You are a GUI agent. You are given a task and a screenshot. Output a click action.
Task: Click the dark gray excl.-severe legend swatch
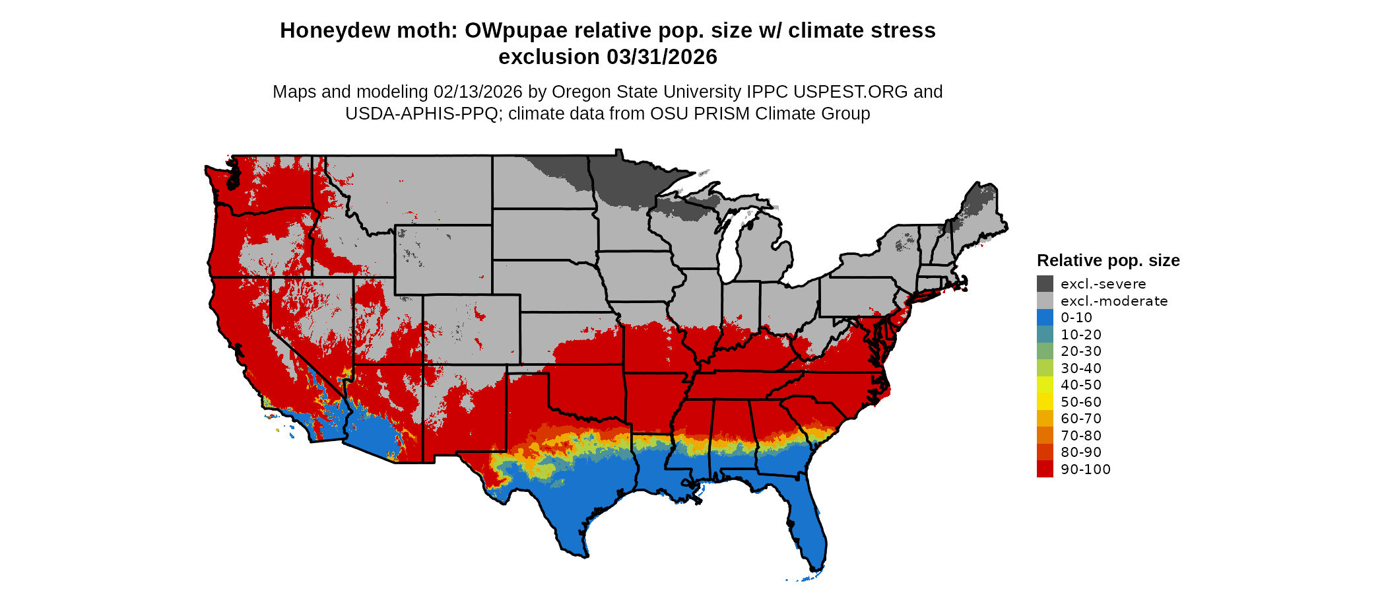[1045, 284]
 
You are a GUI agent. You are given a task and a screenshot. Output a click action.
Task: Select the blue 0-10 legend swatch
[1045, 318]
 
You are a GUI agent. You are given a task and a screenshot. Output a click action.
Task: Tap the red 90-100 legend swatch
[1045, 469]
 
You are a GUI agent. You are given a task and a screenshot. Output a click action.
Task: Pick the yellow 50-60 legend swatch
[1045, 402]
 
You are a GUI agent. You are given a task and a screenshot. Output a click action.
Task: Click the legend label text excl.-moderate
[1114, 301]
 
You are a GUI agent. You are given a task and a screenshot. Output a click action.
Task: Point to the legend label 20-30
[1081, 351]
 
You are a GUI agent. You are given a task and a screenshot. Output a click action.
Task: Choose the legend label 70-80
[1081, 436]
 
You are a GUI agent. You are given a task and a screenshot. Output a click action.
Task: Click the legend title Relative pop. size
[1108, 260]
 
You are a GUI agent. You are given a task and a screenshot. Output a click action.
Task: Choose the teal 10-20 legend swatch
[1045, 335]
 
